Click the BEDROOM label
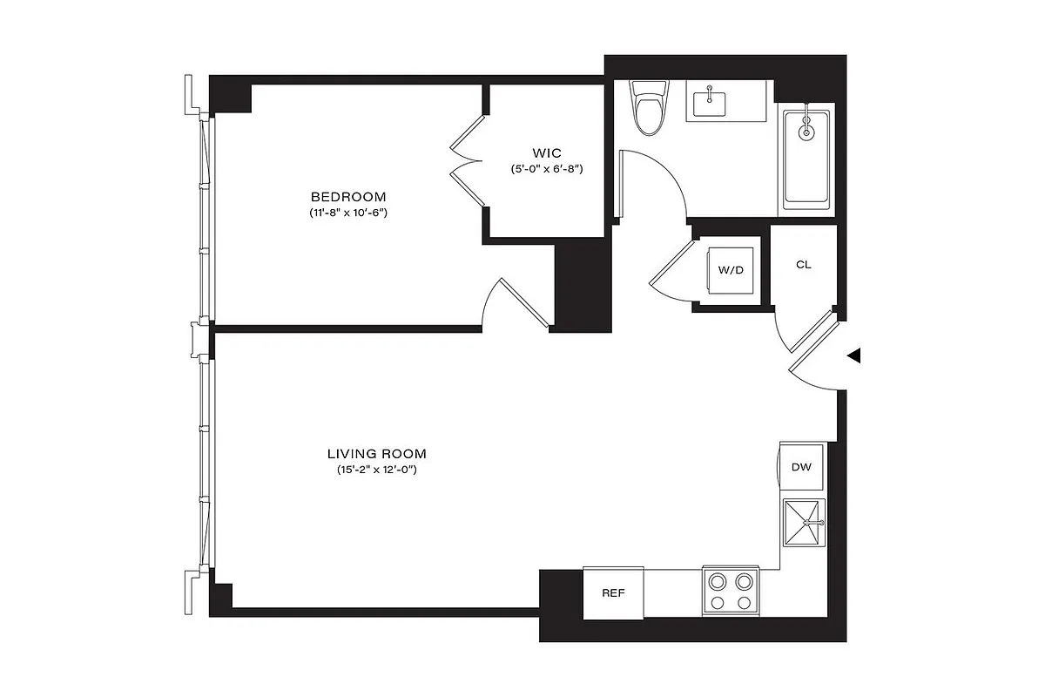tap(347, 197)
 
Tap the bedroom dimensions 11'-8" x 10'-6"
tap(347, 213)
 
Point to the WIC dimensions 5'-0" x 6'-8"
tap(545, 168)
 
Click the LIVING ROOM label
tap(376, 454)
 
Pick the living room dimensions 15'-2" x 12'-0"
tap(376, 470)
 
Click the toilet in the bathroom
tap(649, 108)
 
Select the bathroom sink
tap(711, 104)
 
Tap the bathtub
tap(807, 156)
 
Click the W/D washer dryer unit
tap(731, 270)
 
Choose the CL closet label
tap(803, 265)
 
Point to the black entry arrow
tap(854, 355)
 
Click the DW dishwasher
tap(801, 468)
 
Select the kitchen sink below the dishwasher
tap(803, 523)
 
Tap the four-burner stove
tap(731, 592)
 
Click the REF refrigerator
tap(613, 593)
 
